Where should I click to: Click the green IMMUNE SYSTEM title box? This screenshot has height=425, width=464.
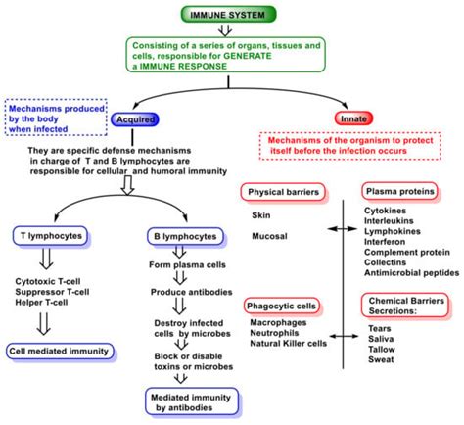coord(232,14)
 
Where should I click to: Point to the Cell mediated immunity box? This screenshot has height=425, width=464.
coord(56,350)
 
